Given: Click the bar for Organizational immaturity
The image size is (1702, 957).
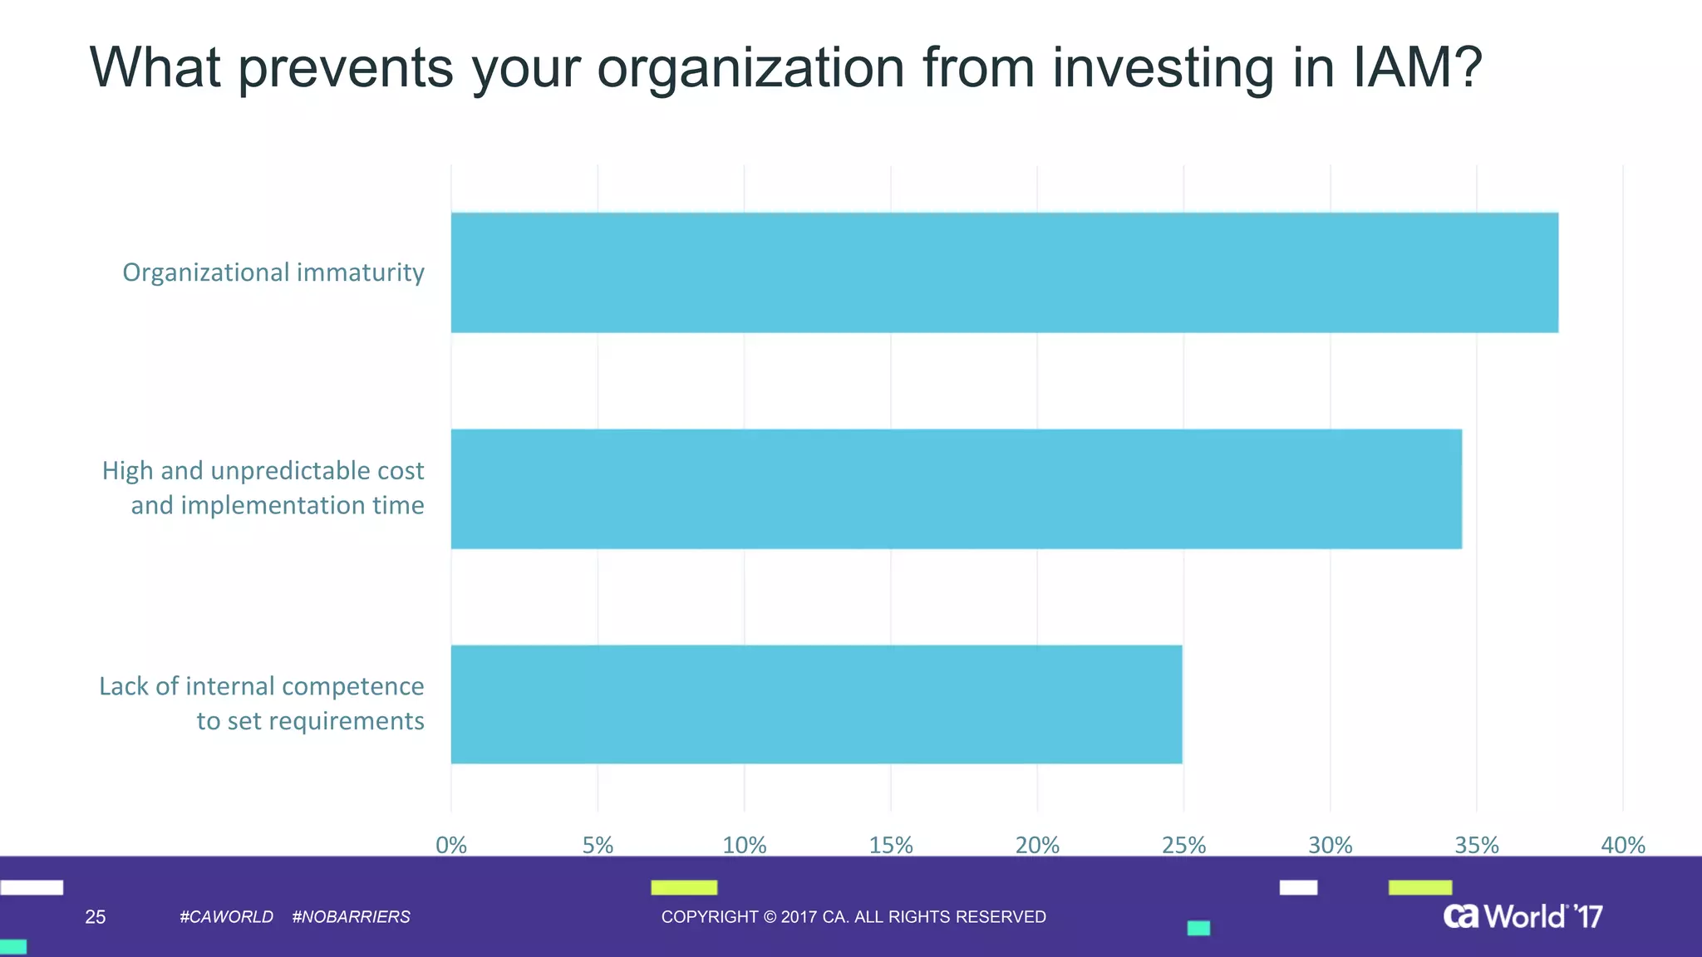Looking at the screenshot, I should click(x=1004, y=272).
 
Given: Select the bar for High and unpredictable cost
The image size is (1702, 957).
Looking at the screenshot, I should click(x=956, y=488).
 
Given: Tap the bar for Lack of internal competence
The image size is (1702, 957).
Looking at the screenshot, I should click(x=816, y=704).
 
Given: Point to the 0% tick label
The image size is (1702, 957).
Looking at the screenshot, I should click(x=451, y=845).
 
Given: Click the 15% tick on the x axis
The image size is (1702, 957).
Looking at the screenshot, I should click(x=891, y=845).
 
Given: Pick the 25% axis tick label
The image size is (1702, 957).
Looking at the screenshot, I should click(x=1183, y=845).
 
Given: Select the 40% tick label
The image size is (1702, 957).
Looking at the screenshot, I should click(x=1623, y=845).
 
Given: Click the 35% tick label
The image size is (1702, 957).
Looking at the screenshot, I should click(x=1477, y=845).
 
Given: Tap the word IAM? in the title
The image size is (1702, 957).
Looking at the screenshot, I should click(x=1418, y=68).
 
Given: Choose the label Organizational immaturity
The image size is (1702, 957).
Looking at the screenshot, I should click(x=273, y=272).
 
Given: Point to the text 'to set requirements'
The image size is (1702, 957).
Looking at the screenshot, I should click(x=310, y=721).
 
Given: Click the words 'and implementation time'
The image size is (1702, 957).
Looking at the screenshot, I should click(x=278, y=505).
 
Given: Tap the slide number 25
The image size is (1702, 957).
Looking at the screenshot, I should click(x=96, y=917).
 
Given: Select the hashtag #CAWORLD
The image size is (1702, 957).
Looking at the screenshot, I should click(x=226, y=917).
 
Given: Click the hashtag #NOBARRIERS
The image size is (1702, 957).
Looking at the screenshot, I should click(x=351, y=917).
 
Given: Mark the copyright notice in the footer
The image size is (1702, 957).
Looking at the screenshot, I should click(x=853, y=917).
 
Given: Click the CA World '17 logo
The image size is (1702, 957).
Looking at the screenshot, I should click(x=1522, y=916).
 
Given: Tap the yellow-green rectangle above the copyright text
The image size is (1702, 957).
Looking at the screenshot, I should click(x=684, y=887).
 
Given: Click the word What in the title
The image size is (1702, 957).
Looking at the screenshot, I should click(x=155, y=68).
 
